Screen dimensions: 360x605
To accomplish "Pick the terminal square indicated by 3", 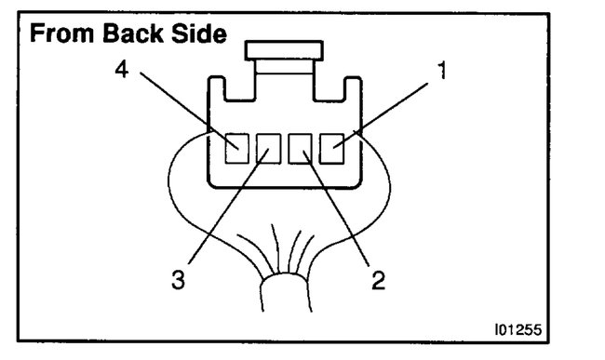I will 269,146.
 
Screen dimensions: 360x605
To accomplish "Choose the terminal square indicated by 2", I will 300,146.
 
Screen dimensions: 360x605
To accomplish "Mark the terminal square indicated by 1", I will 331,146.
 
